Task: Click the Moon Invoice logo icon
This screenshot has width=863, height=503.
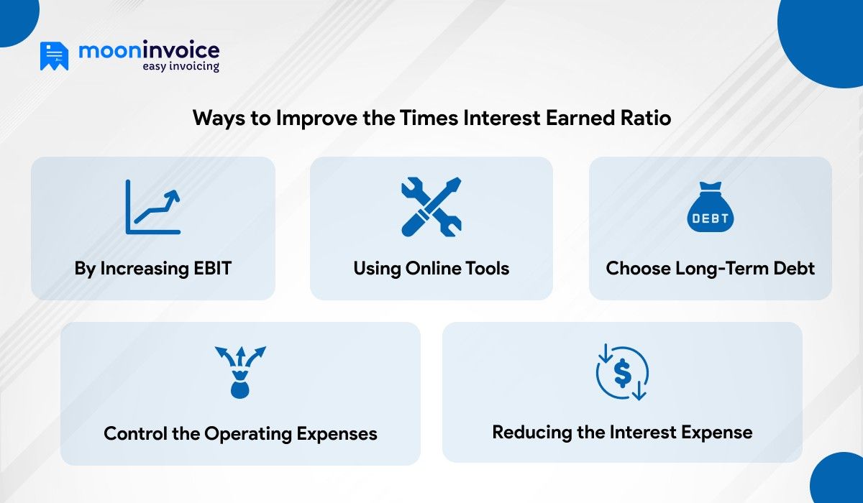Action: pyautogui.click(x=54, y=56)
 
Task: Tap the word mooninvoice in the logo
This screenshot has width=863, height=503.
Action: pyautogui.click(x=149, y=50)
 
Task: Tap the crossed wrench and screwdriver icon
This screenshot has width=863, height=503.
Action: pyautogui.click(x=431, y=207)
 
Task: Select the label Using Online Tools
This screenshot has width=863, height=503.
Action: pyautogui.click(x=431, y=269)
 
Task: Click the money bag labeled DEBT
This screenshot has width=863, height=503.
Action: pyautogui.click(x=711, y=208)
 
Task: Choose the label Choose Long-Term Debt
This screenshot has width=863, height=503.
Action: pyautogui.click(x=711, y=269)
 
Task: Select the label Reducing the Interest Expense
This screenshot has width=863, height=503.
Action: pyautogui.click(x=622, y=433)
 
